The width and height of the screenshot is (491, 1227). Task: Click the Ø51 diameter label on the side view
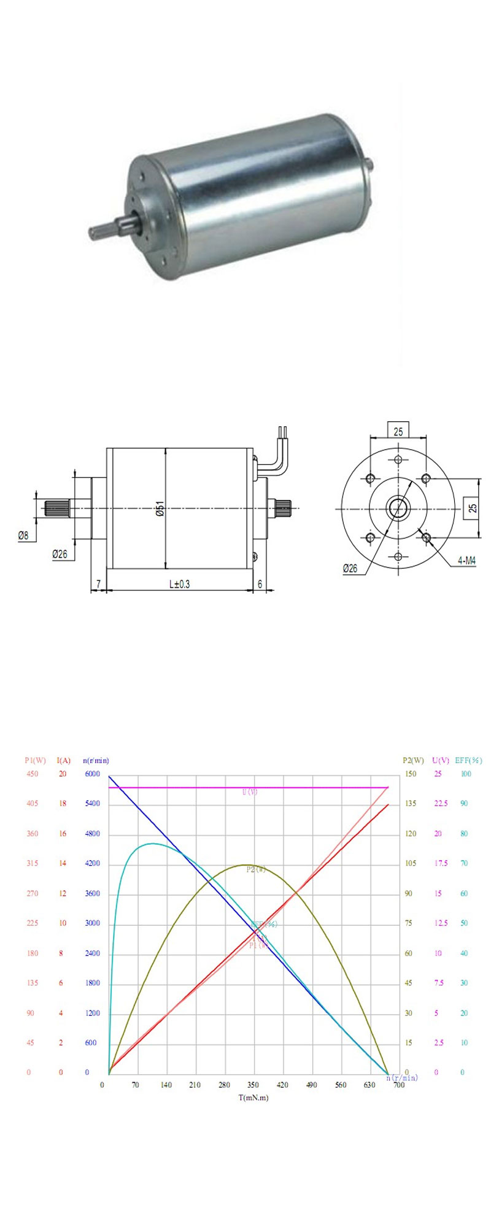click(x=160, y=509)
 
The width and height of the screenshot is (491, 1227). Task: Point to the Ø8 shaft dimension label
click(x=23, y=536)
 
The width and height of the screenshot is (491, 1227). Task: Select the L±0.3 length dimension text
click(x=179, y=584)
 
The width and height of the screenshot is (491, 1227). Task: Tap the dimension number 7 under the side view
click(x=98, y=584)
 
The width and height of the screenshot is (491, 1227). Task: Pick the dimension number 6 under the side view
click(x=260, y=584)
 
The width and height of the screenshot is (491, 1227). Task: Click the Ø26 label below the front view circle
click(x=350, y=568)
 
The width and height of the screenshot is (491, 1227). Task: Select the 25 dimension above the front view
click(x=398, y=432)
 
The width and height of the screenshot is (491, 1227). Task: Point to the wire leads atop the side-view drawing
click(x=282, y=433)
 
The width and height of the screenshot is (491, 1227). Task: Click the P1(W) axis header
click(x=35, y=761)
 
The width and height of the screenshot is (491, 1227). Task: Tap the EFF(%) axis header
click(x=468, y=760)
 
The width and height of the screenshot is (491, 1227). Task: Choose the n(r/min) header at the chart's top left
click(x=96, y=761)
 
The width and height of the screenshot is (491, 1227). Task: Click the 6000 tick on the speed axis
click(x=92, y=774)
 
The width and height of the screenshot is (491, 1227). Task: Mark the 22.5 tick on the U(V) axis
click(x=441, y=804)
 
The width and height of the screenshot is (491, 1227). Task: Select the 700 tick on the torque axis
click(x=399, y=1085)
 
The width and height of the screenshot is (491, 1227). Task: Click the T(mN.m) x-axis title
click(x=253, y=1098)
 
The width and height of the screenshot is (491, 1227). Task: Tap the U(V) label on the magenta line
click(x=250, y=792)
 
